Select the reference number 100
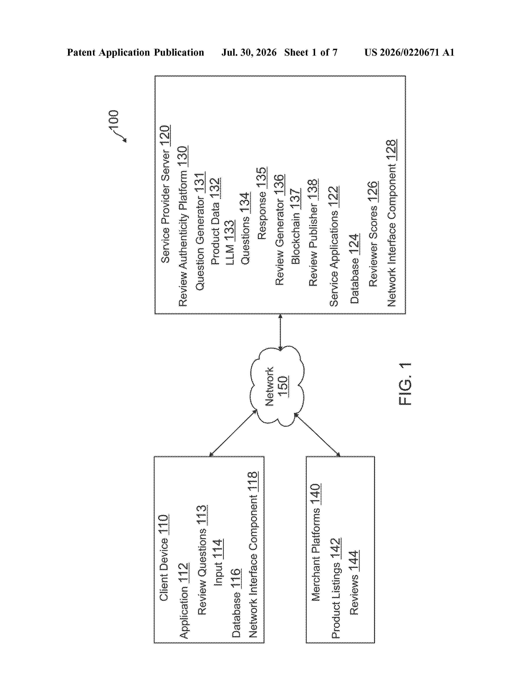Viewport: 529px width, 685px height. point(113,119)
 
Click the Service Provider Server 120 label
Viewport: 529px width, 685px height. point(165,194)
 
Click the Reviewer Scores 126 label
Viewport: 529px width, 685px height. point(373,234)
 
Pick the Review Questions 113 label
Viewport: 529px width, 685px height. point(202,560)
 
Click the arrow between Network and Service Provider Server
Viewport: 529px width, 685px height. point(280,332)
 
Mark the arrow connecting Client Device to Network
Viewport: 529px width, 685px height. point(233,433)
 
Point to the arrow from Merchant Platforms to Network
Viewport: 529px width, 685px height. point(317,435)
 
